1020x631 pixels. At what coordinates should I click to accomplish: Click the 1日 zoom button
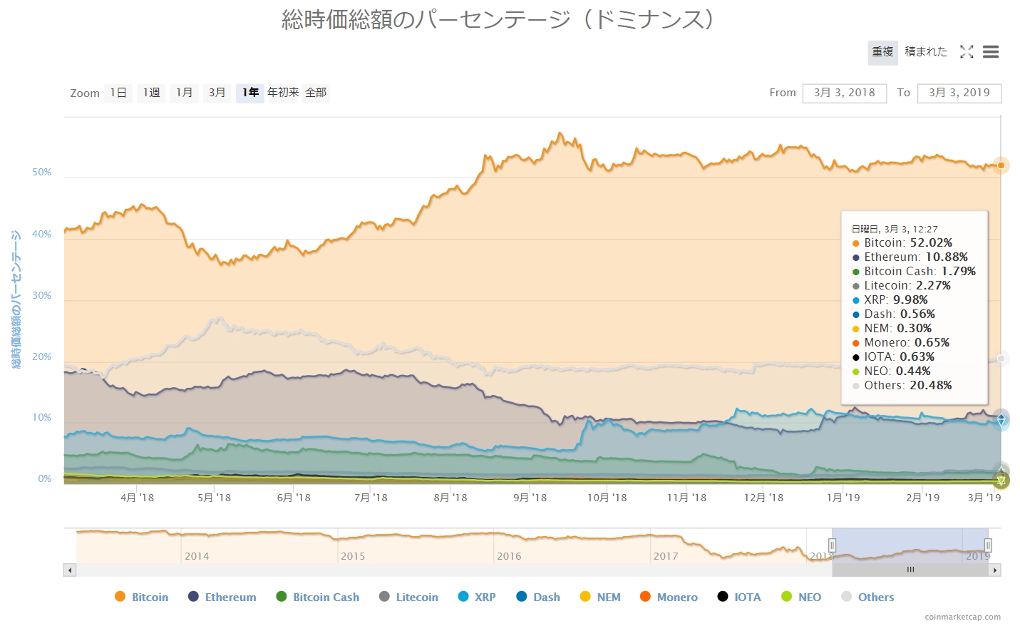click(x=118, y=93)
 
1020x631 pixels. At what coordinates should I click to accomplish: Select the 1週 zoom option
click(x=151, y=93)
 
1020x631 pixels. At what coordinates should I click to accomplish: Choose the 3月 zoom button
click(x=217, y=93)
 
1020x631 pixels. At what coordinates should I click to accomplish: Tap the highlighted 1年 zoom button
click(x=250, y=93)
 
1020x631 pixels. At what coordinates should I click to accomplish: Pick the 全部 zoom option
click(x=316, y=93)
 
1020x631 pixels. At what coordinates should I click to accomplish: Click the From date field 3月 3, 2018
click(x=844, y=93)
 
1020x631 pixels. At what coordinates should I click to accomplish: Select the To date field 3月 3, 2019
click(x=959, y=93)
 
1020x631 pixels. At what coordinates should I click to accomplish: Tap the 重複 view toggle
click(x=882, y=52)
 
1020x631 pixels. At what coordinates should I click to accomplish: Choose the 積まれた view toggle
click(x=926, y=52)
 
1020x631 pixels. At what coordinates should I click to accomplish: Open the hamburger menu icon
click(x=990, y=52)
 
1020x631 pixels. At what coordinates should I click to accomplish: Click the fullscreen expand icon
click(x=967, y=52)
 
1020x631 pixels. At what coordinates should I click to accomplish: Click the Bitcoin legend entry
click(x=142, y=597)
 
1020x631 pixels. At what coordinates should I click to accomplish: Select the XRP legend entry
click(x=477, y=597)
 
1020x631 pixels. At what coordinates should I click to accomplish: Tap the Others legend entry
click(x=867, y=597)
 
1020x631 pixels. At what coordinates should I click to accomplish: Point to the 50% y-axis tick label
click(x=41, y=173)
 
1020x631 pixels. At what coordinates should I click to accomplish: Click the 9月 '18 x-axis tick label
click(x=530, y=498)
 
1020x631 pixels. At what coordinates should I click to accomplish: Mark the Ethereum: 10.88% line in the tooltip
click(x=915, y=257)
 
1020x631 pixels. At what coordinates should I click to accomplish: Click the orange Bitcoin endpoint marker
click(x=1001, y=165)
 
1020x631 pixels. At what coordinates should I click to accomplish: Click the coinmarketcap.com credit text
click(x=962, y=617)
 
